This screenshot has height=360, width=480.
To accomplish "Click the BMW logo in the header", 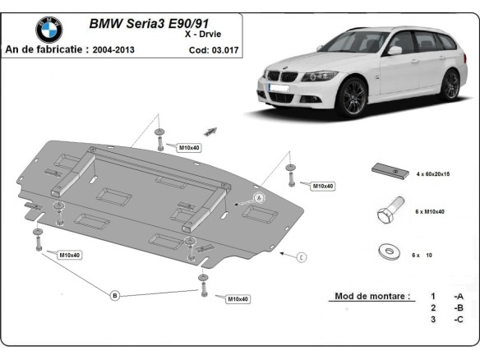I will [48, 30].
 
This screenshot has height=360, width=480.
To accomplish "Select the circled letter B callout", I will [115, 295].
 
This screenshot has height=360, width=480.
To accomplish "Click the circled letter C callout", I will [301, 257].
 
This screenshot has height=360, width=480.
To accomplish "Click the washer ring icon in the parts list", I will [386, 252].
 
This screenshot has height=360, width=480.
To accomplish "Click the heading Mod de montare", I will [372, 296].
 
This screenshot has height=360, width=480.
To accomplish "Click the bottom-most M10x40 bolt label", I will [238, 298].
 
